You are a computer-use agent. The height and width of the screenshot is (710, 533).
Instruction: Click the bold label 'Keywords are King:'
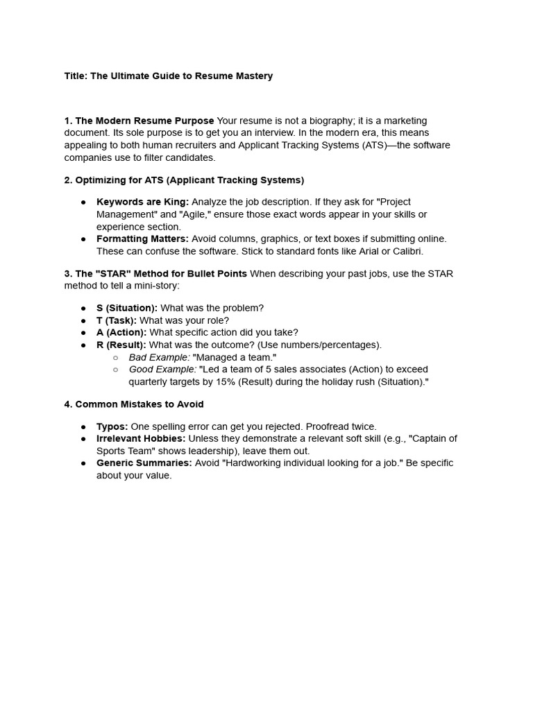tap(142, 202)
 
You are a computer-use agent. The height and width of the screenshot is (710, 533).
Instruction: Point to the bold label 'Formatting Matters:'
tap(142, 239)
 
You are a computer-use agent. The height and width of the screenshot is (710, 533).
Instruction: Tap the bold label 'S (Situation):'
tap(127, 308)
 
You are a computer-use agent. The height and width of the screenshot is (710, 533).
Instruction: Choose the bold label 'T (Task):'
tap(117, 320)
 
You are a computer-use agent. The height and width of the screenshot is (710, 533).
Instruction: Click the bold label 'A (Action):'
tap(121, 332)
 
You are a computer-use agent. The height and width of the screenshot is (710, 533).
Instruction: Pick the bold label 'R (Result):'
tap(121, 345)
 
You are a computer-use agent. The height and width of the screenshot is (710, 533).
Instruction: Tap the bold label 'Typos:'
tap(112, 426)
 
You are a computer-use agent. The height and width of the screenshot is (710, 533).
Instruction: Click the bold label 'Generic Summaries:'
tap(143, 462)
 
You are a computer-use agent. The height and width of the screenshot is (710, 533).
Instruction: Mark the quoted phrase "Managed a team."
tap(235, 357)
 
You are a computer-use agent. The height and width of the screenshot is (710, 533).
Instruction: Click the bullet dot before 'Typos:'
tap(83, 426)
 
